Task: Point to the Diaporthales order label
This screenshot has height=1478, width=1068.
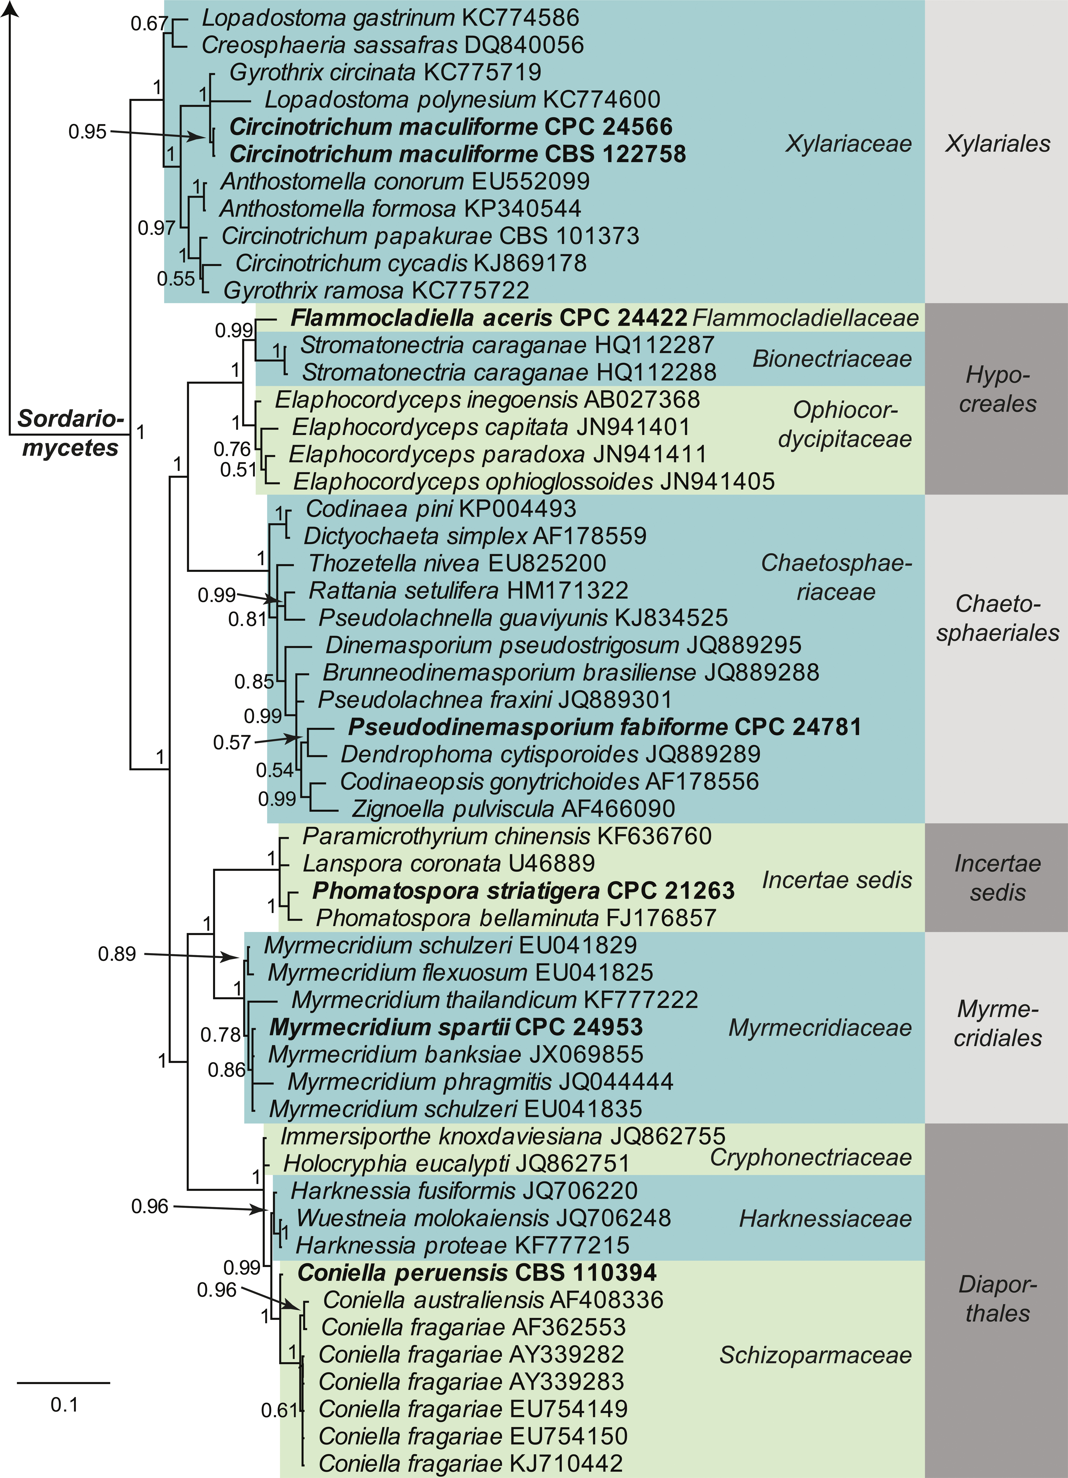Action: (998, 1299)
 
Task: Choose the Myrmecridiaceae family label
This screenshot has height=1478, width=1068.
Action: (820, 1028)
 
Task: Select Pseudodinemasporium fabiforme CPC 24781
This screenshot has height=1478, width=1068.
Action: (604, 727)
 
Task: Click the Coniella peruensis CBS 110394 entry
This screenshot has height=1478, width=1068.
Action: (477, 1273)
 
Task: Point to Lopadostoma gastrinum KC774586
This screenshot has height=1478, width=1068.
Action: (390, 18)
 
